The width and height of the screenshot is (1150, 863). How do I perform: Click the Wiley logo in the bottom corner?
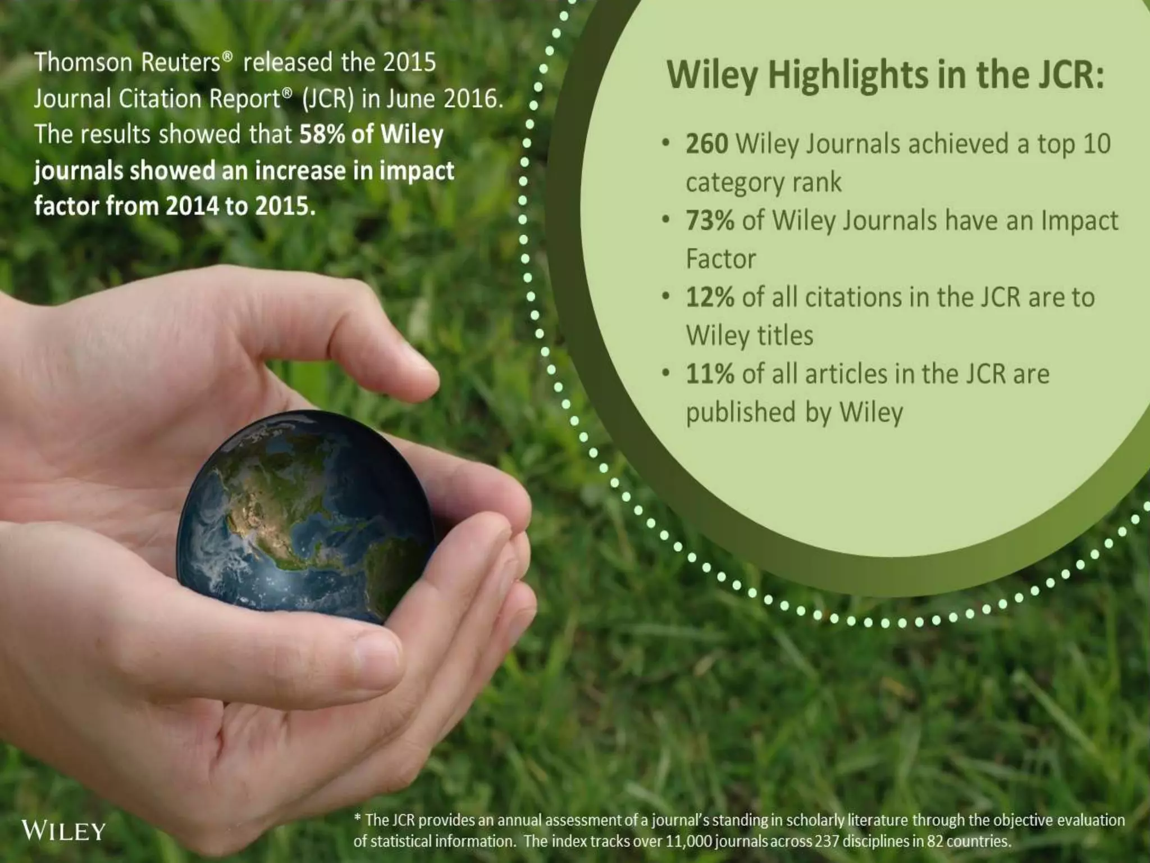[x=63, y=830]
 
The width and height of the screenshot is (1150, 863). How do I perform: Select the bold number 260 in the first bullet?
[x=707, y=144]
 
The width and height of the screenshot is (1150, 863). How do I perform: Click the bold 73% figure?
[x=710, y=220]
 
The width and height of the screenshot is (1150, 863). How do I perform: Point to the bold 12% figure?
[x=710, y=297]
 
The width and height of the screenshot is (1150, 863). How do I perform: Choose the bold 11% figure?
[x=710, y=374]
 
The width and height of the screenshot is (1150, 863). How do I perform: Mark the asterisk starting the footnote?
[x=357, y=819]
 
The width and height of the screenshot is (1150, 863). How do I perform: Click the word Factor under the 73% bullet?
[x=721, y=259]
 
